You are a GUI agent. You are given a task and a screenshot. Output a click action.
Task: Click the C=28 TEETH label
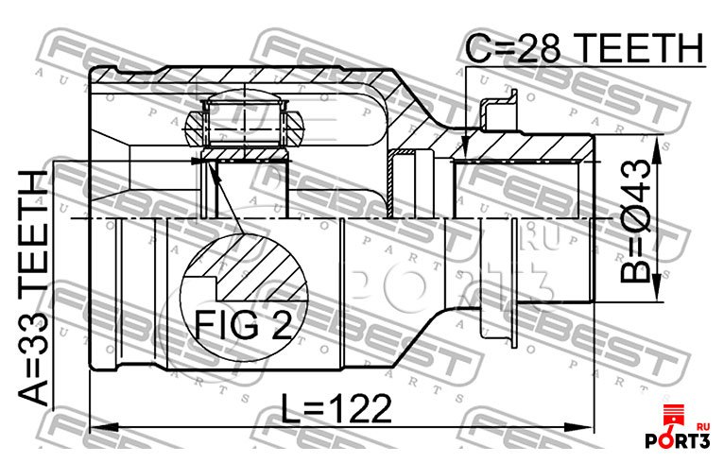coord(584,48)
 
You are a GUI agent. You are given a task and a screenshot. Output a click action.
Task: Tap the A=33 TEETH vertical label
coord(33,287)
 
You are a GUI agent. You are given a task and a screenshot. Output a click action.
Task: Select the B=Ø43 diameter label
coord(635,221)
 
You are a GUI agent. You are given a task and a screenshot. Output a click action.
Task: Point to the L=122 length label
coord(336,409)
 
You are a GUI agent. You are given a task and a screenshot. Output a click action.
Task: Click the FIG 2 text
coord(244,324)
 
